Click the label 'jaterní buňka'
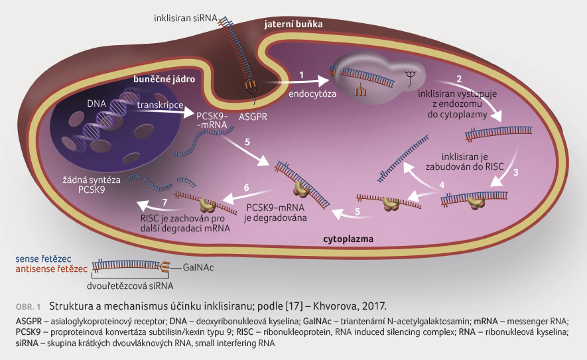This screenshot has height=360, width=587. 293,25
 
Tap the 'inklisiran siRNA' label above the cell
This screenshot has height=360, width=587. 186,18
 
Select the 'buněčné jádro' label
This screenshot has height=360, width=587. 164,80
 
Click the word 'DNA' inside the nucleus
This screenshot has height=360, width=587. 97,103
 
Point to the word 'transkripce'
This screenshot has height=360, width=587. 161,105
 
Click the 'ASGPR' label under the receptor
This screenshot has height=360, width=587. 253,117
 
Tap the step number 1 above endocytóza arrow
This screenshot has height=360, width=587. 301,75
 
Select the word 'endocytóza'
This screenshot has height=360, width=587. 312,93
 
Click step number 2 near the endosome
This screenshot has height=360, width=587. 459,79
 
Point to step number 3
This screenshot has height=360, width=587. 516,172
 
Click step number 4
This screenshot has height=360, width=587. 442,185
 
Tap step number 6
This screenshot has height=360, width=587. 246,188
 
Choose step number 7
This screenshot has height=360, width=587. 164,202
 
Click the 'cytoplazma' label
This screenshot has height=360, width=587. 348,239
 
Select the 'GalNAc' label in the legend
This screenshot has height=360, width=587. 198,268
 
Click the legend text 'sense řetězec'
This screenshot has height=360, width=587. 43,259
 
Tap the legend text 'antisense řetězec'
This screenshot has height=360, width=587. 52,269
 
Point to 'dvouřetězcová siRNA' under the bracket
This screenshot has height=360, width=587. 130,286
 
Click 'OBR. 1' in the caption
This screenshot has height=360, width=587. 28,307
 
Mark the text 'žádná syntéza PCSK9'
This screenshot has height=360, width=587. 92,185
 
